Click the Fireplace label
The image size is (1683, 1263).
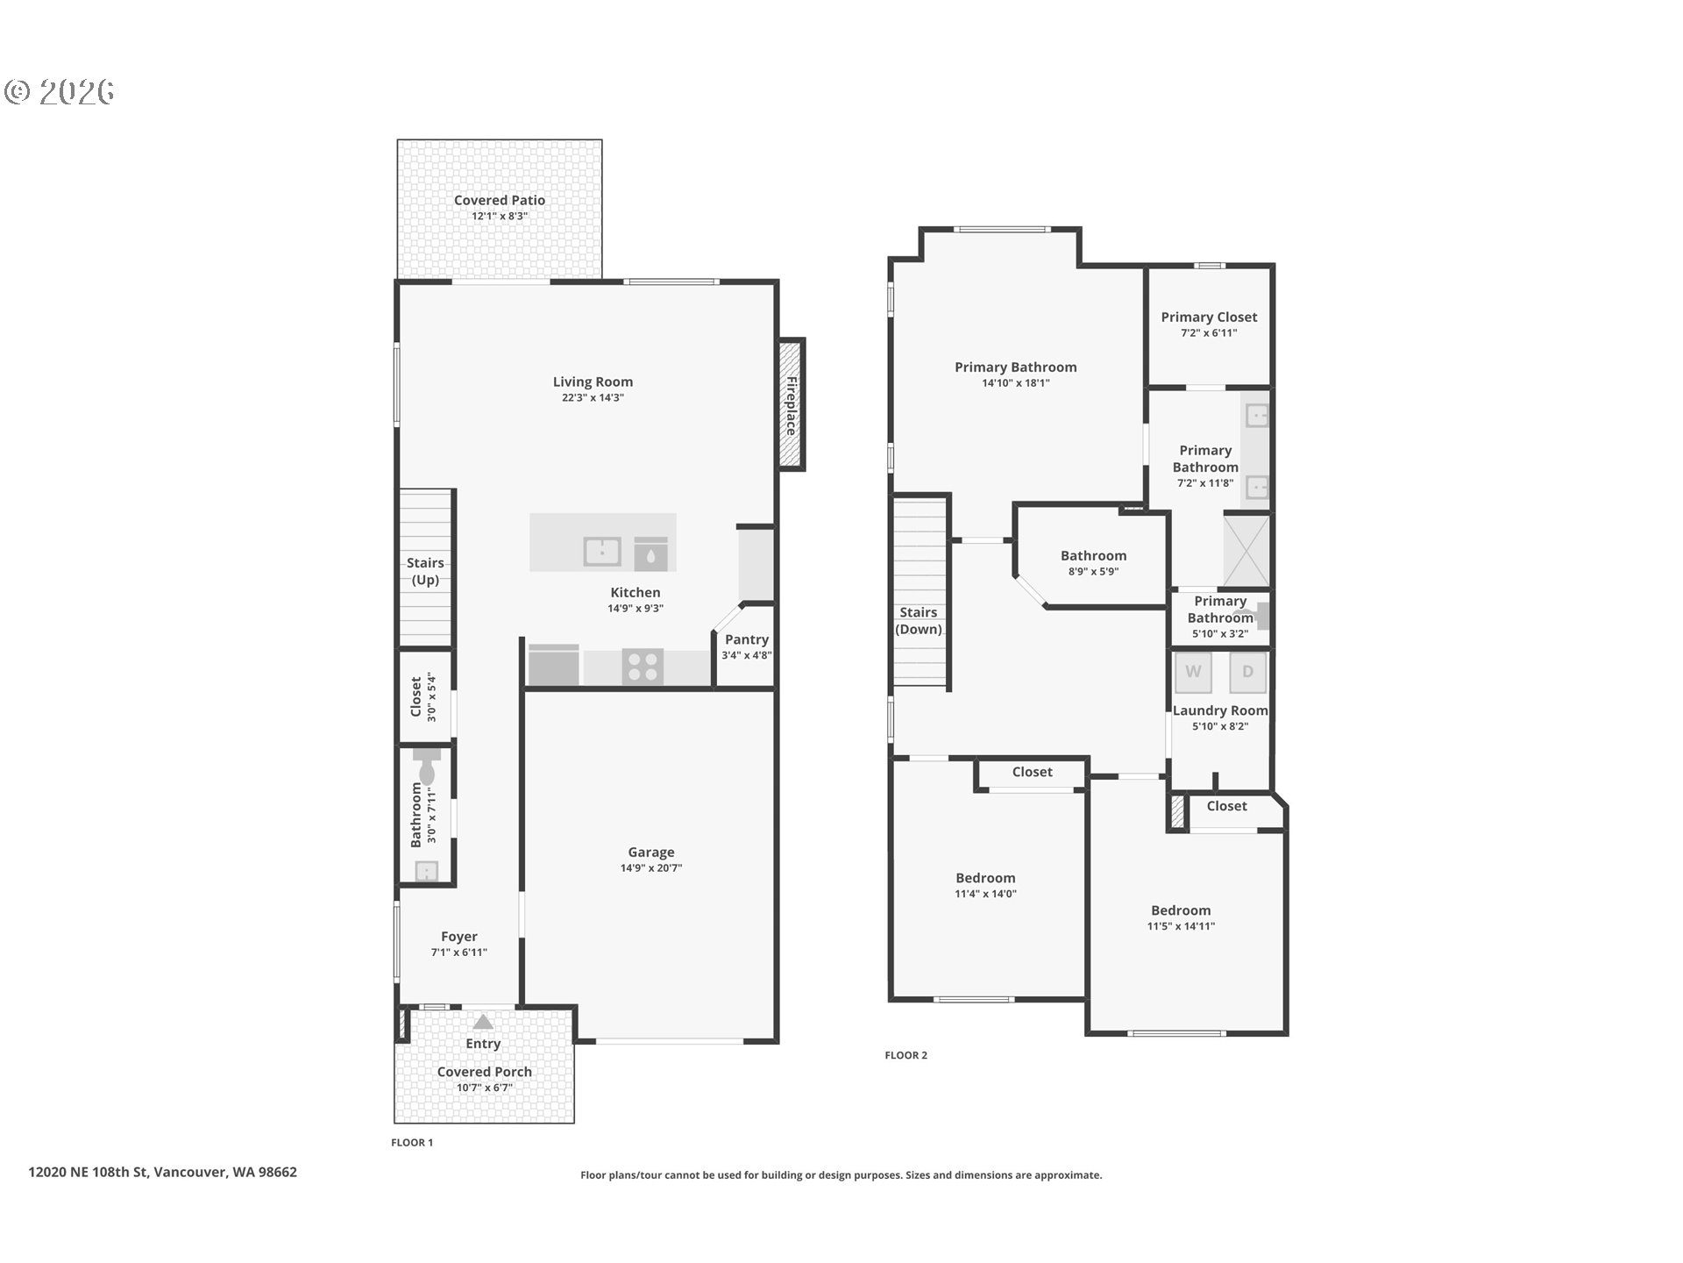791,405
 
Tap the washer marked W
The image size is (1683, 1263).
1193,673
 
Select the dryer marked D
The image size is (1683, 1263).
1247,673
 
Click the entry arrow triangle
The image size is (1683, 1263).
483,1022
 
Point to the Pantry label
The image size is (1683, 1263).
747,640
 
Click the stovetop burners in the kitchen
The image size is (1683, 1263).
643,666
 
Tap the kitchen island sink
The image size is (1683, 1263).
602,552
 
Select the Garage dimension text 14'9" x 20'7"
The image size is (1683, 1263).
651,868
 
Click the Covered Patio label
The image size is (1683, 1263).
500,200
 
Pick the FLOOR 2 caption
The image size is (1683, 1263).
905,1055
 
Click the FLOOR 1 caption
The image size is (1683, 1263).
412,1142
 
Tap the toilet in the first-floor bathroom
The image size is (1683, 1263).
427,766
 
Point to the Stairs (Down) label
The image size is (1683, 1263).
919,621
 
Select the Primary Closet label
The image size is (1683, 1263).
1209,318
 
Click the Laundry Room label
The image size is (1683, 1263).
1220,710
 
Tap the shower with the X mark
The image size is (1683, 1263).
1246,551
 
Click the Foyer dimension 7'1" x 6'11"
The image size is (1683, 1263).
458,953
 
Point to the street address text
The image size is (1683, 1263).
162,1172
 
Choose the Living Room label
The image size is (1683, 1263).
593,382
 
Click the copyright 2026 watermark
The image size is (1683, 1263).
60,91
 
